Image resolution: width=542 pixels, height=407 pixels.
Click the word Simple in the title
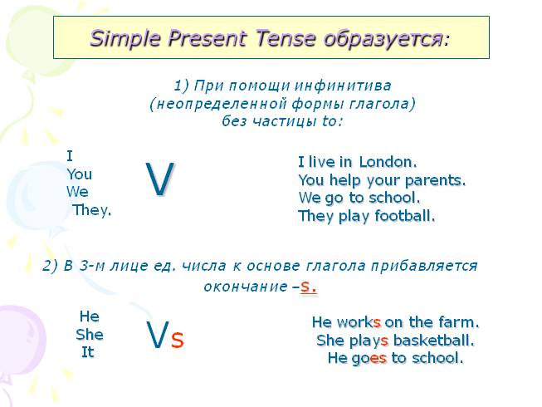pyautogui.click(x=125, y=39)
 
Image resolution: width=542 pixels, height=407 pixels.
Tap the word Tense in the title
pyautogui.click(x=286, y=38)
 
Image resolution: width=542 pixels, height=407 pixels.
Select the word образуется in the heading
pyautogui.click(x=383, y=39)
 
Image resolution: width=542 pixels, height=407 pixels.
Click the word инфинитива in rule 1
pyautogui.click(x=343, y=86)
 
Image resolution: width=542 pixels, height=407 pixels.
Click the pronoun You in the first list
pyautogui.click(x=79, y=174)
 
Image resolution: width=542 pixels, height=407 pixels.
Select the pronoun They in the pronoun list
pyautogui.click(x=90, y=210)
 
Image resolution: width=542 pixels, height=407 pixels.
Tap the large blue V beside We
pyautogui.click(x=159, y=179)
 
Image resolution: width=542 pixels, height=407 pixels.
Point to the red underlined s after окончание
pyautogui.click(x=305, y=287)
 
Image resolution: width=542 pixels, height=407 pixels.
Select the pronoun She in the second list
pyautogui.click(x=90, y=335)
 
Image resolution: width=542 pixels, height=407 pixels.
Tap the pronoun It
pyautogui.click(x=88, y=352)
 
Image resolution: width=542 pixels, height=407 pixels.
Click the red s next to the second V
pyautogui.click(x=178, y=340)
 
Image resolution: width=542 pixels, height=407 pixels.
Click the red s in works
pyautogui.click(x=377, y=323)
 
